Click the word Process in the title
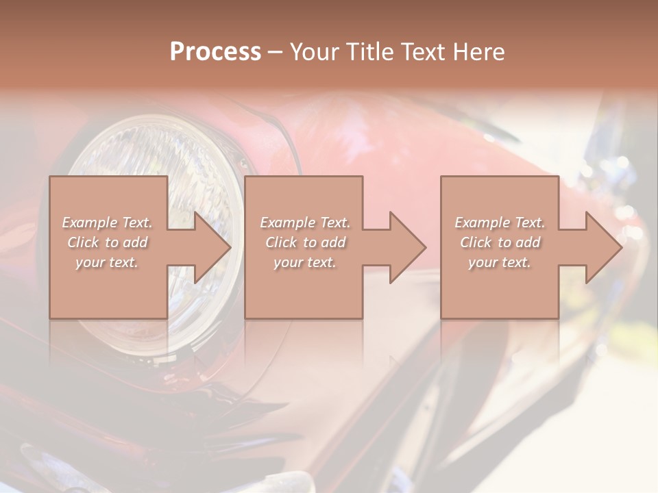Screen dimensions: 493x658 (215, 52)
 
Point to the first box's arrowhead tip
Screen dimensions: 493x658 (230, 247)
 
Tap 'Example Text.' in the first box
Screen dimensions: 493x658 (108, 223)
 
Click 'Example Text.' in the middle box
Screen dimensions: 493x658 (305, 223)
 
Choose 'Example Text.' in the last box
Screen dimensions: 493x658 (500, 223)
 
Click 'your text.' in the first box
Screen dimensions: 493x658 (107, 262)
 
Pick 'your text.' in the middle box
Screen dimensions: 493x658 (304, 262)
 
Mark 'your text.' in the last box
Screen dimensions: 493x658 (499, 262)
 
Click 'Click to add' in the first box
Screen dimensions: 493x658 (108, 242)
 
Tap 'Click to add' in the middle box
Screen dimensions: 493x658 (305, 242)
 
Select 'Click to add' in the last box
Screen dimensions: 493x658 (500, 242)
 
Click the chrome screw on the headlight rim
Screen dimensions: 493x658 (241, 162)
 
